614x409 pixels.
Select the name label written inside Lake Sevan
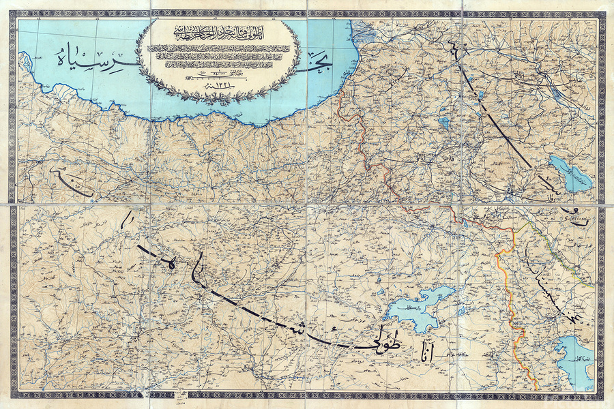tap(576, 179)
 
